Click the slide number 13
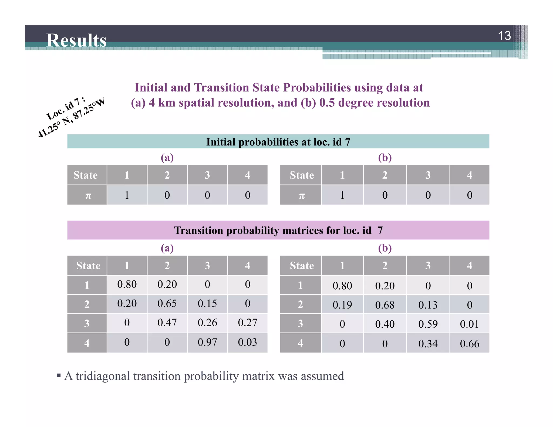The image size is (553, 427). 504,36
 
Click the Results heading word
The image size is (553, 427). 76,40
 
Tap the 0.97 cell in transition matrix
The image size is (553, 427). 207,342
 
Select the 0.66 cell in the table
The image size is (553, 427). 470,344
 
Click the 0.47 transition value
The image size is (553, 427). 167,323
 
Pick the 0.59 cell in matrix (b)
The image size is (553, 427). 428,324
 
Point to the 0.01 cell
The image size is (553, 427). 470,324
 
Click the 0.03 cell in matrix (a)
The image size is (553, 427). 247,342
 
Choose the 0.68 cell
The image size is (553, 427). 385,305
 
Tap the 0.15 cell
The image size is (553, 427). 207,303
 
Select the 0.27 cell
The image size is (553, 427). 247,323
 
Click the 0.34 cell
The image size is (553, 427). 428,344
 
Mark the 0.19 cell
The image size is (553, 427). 342,305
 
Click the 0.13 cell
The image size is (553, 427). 428,305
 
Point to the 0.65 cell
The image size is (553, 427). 167,303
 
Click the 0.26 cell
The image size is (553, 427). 207,323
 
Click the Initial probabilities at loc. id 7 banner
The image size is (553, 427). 278,142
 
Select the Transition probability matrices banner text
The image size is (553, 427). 278,231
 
